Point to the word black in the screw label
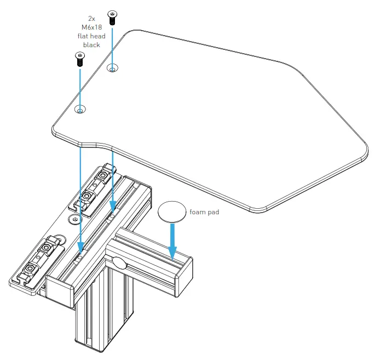(91, 45)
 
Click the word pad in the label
(214, 212)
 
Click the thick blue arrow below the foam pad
(172, 241)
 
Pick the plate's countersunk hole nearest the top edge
(112, 68)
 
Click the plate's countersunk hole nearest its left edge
(80, 110)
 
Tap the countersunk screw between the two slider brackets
(73, 219)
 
